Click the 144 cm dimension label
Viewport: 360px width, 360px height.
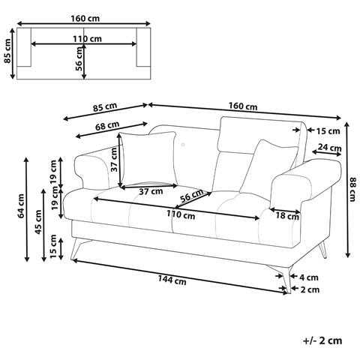[x=172, y=280]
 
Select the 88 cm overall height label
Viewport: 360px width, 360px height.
[x=352, y=189]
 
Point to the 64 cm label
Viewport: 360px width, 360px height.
[x=22, y=205]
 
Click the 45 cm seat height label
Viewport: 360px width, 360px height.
[x=38, y=222]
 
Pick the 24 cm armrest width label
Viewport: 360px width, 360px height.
[x=329, y=148]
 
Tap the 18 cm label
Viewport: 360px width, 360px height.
[x=287, y=216]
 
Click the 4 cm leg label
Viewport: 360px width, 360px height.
[x=309, y=277]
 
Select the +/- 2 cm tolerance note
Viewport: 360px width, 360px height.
[x=322, y=340]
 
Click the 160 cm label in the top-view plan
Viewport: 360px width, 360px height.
[x=85, y=18]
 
